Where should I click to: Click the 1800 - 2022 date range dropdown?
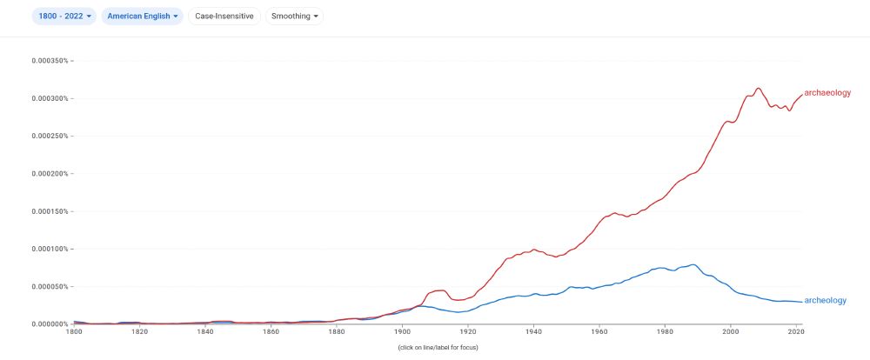pos(65,16)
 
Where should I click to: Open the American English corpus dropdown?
pos(143,16)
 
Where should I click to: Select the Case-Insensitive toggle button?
pos(224,16)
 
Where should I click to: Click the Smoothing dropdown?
pos(294,16)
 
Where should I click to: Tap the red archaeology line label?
pos(827,92)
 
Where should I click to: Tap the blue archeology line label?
pos(825,301)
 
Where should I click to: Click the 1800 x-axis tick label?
pos(73,331)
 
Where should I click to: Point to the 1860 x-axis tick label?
pos(271,331)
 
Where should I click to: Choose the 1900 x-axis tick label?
pos(402,331)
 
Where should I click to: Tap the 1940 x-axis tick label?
pos(533,331)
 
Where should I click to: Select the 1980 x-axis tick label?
pos(665,331)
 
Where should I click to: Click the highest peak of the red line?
pos(759,88)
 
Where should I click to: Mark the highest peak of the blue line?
pos(693,264)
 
